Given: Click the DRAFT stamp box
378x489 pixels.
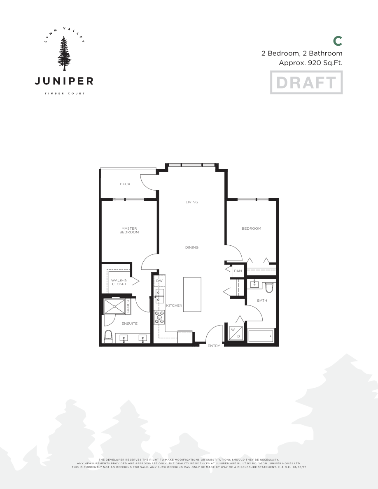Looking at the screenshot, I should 306,82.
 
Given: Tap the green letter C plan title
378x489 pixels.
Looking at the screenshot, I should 338,41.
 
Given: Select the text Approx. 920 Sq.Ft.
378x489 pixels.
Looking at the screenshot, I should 310,63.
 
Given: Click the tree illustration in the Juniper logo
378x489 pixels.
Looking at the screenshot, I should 64,53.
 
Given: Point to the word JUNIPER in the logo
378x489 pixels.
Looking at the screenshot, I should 64,81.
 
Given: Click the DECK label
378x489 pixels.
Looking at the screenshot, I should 125,184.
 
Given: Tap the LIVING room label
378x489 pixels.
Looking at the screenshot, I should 192,202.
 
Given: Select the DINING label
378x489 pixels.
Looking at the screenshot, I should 192,247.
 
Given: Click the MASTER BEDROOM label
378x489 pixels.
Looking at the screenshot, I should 129,230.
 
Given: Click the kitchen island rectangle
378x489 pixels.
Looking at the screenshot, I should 192,295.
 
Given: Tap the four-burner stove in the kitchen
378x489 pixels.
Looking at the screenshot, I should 159,317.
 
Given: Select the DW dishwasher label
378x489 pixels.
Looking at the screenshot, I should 159,281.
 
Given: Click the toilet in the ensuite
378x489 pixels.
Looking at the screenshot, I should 109,336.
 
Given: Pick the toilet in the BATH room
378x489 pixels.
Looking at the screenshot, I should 269,286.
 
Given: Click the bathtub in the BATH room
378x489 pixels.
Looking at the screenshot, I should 261,336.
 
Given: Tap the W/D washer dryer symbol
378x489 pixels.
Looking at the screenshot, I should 236,333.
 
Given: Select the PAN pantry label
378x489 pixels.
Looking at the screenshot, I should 238,271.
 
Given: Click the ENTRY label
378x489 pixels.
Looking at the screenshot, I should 214,346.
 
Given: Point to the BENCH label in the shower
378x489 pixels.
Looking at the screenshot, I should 128,306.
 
